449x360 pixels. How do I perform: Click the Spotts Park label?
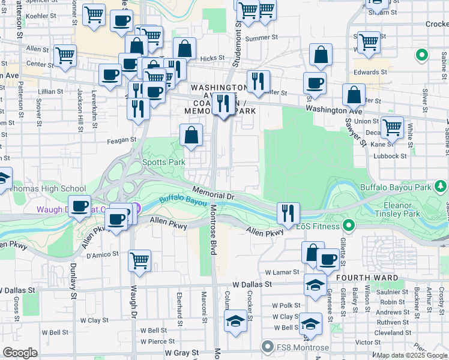tap(163, 162)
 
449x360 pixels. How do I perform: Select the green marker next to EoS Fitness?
tap(348, 226)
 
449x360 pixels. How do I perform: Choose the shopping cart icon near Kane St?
tap(392, 127)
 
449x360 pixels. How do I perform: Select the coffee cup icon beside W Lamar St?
tap(328, 260)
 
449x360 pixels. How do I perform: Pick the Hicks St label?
tap(212, 58)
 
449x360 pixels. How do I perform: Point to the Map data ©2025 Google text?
tap(411, 356)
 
